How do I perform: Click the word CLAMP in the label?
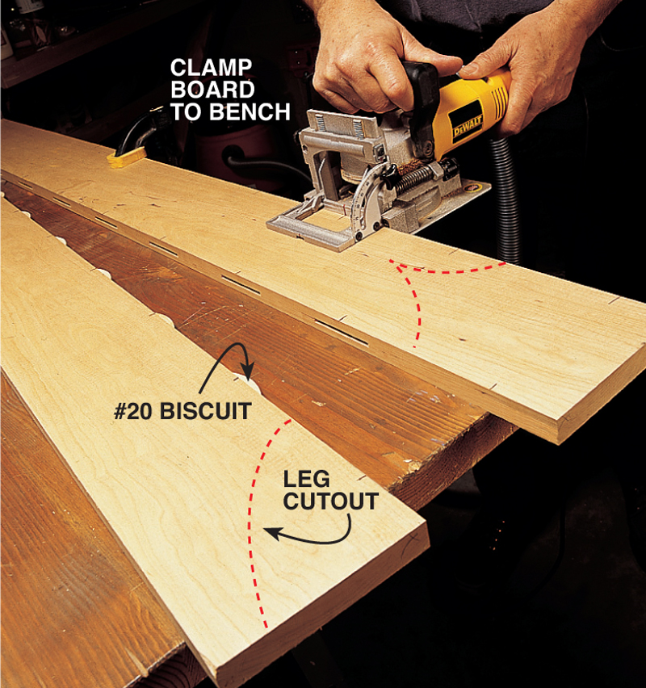(211, 68)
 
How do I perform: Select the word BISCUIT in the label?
(205, 411)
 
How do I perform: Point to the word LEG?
(306, 479)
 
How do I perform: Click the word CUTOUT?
(331, 501)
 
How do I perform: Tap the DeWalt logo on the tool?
(468, 124)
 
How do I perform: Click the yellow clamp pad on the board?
(127, 157)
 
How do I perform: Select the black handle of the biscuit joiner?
(421, 94)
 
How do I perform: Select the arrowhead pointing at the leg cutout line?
(272, 533)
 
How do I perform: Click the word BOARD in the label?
(212, 90)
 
